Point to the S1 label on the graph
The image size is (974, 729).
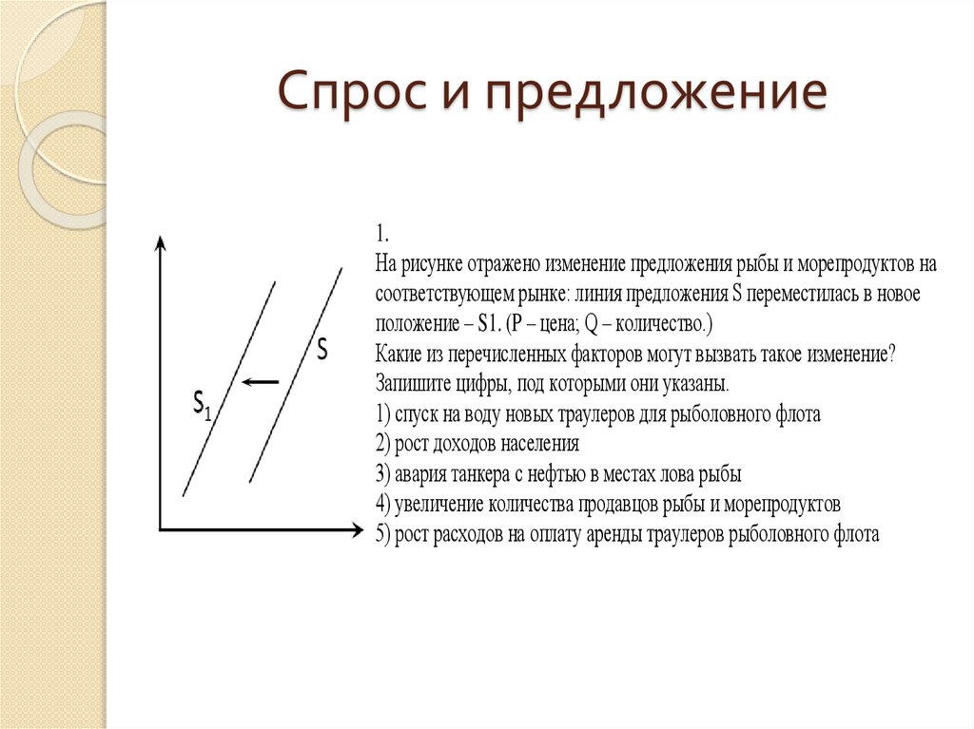[x=202, y=405]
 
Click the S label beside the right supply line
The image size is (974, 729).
[x=321, y=351]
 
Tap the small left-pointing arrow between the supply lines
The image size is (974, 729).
[x=260, y=382]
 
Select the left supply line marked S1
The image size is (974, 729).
[x=228, y=390]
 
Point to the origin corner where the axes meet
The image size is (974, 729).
[x=161, y=528]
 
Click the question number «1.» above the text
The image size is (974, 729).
[x=381, y=235]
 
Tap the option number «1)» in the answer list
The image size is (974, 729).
[x=382, y=414]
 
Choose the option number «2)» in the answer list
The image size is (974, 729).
[x=382, y=444]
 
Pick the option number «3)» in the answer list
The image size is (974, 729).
[x=382, y=473]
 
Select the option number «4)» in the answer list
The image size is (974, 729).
[x=382, y=503]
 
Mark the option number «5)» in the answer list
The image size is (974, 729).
[x=382, y=533]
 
